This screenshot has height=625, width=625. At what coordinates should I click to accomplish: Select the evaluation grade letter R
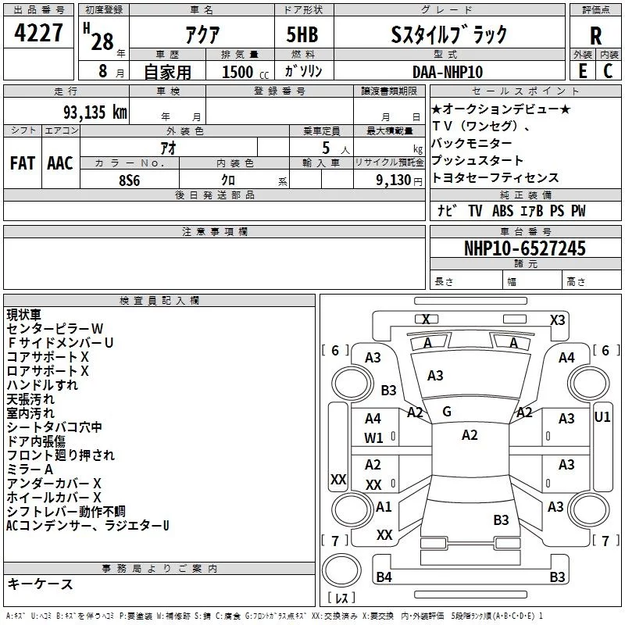595,35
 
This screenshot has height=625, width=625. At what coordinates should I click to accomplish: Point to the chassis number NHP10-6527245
524,249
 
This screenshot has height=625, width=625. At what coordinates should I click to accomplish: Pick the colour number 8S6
130,178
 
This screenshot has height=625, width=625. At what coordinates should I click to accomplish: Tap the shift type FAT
23,163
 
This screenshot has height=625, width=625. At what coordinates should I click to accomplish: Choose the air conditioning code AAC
60,163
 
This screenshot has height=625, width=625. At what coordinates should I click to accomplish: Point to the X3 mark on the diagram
557,320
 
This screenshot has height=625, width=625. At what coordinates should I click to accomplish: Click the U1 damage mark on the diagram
602,417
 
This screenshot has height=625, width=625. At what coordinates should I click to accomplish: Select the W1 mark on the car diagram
373,437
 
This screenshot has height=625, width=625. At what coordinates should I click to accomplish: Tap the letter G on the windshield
447,412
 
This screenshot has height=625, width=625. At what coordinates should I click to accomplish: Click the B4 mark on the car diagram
384,577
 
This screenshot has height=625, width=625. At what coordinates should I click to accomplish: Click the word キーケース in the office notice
40,584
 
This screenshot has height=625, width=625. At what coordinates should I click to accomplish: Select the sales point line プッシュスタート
472,161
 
